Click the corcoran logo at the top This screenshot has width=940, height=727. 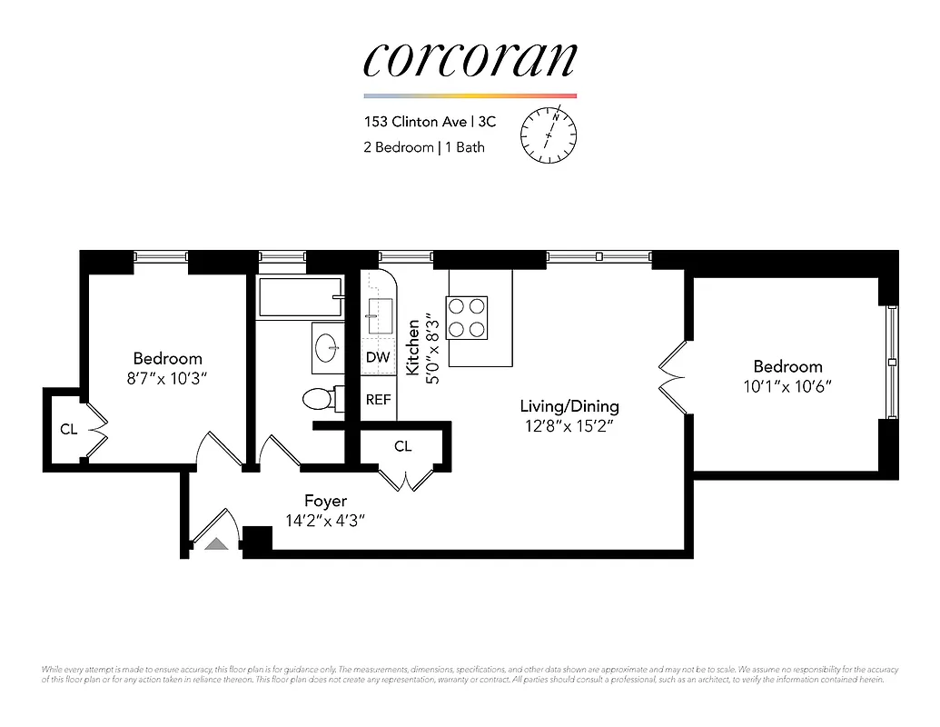[470, 59]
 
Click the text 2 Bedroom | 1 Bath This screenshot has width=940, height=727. [424, 147]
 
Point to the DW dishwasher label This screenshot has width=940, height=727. [378, 358]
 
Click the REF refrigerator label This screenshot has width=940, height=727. [378, 399]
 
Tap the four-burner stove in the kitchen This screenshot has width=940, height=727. [467, 318]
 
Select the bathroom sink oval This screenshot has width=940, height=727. [326, 346]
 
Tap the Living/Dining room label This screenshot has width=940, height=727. [569, 406]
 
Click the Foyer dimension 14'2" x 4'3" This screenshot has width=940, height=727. [325, 521]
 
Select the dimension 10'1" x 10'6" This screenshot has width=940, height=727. [787, 386]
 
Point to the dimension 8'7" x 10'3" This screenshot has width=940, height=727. [167, 378]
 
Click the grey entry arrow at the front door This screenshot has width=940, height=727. [216, 544]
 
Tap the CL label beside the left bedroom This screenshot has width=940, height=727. [68, 429]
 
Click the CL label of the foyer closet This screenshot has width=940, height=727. [402, 446]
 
